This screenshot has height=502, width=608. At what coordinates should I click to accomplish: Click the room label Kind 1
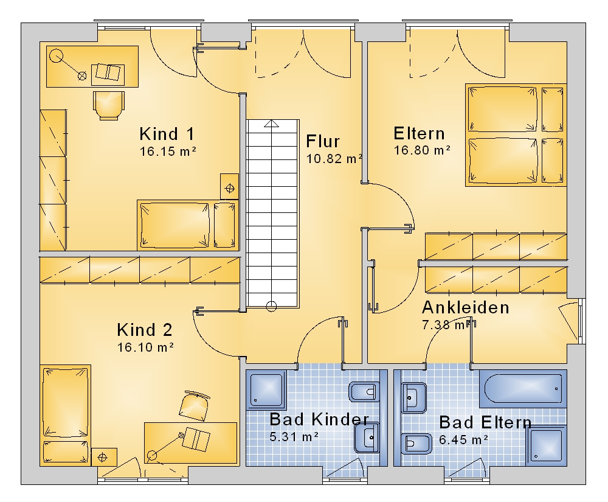[167, 134]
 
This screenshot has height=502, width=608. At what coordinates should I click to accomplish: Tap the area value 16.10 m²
[145, 347]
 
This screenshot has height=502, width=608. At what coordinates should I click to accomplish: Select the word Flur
[323, 141]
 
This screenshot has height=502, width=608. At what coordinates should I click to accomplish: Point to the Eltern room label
[419, 133]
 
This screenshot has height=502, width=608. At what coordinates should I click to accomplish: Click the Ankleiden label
[465, 307]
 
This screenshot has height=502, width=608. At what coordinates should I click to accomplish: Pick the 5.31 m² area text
[294, 437]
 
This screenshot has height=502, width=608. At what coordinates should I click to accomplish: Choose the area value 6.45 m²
[463, 440]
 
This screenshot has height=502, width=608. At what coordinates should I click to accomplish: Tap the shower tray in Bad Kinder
[266, 389]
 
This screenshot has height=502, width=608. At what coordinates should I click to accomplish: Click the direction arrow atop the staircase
[271, 124]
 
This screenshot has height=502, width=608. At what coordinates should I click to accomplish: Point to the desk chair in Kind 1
[109, 105]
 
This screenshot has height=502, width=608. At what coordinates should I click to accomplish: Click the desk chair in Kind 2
[195, 405]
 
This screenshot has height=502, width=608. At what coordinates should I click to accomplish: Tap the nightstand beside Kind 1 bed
[230, 187]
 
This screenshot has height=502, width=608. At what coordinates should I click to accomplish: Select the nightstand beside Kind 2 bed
[104, 457]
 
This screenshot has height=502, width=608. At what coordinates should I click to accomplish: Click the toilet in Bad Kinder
[364, 392]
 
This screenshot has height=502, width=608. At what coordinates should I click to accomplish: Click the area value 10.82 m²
[334, 159]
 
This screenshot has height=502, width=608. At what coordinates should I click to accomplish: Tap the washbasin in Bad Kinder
[367, 438]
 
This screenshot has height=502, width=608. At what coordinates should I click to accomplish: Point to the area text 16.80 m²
[423, 150]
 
